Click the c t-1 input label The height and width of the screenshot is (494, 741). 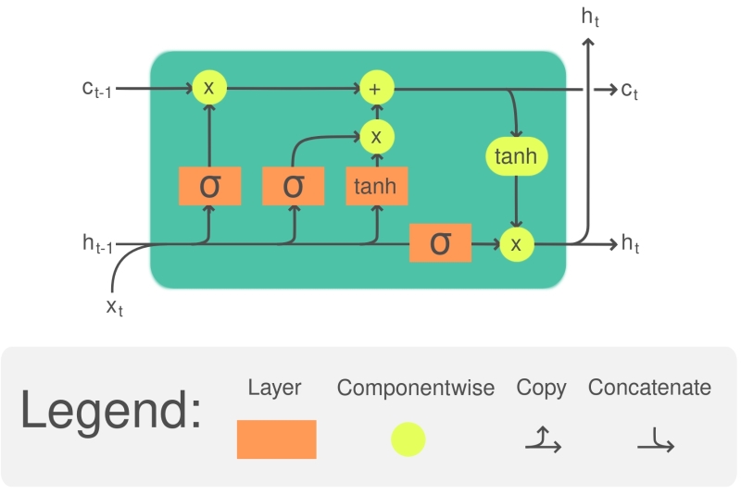(x=96, y=89)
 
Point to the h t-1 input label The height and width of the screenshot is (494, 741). (x=97, y=244)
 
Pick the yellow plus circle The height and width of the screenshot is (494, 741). (x=377, y=89)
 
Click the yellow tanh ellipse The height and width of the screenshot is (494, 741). (x=516, y=157)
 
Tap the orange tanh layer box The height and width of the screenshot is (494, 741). (x=376, y=186)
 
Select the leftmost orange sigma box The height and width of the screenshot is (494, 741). (x=210, y=186)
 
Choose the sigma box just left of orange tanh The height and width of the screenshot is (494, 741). (x=293, y=186)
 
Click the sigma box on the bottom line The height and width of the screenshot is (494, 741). (x=440, y=242)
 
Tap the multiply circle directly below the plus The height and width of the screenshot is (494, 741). (x=377, y=137)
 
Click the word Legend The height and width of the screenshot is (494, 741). (x=110, y=411)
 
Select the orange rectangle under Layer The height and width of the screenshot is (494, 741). (x=276, y=439)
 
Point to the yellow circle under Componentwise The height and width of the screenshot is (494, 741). (x=408, y=439)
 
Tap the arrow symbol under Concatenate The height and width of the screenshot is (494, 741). (x=656, y=439)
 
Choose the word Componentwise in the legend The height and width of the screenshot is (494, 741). (x=415, y=388)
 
